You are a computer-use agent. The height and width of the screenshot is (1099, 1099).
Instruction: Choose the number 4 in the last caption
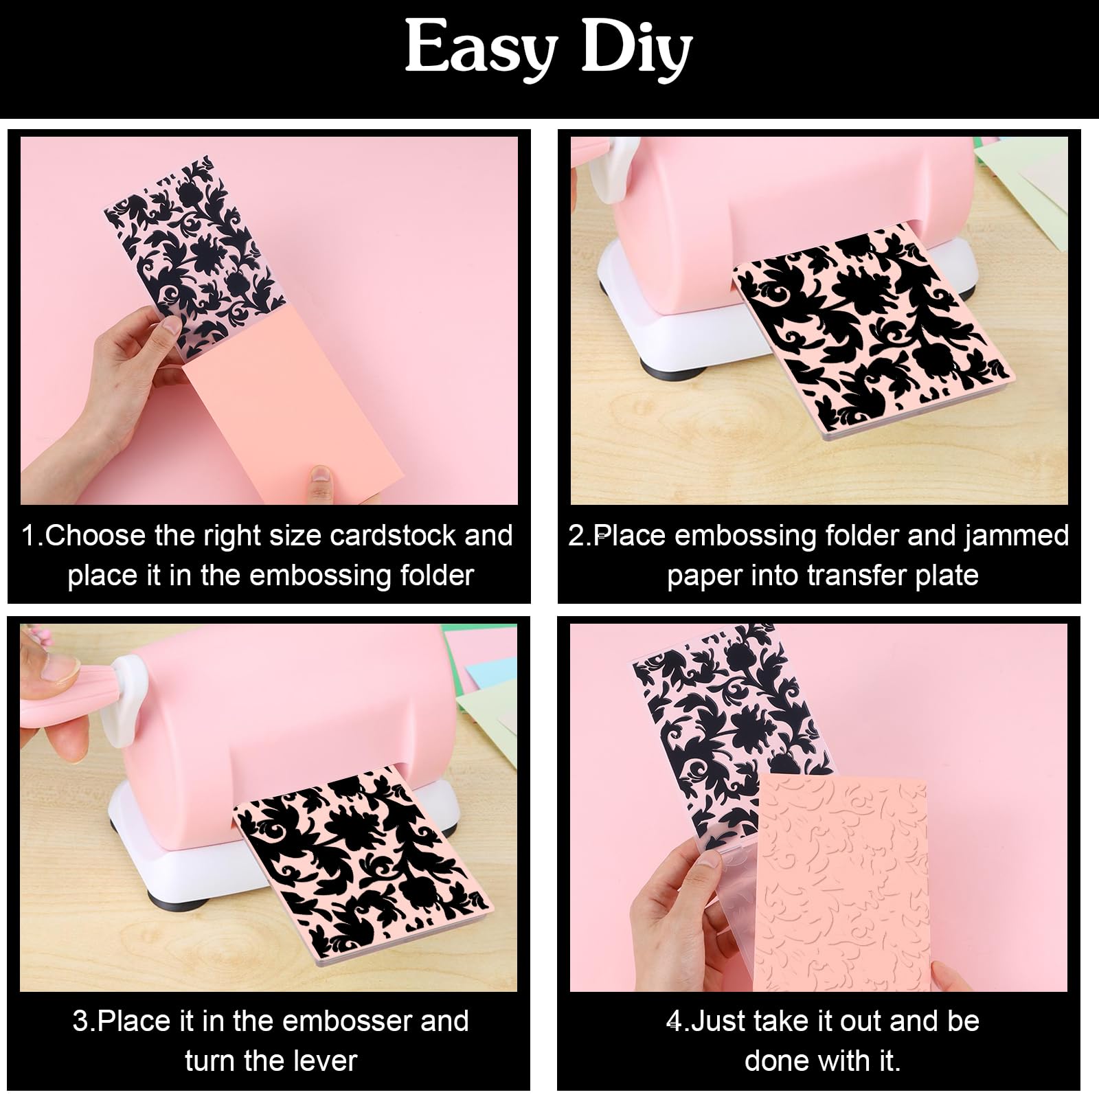(x=675, y=1021)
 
